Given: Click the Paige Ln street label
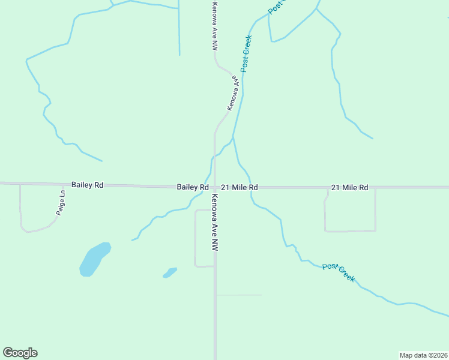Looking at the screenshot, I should tap(60, 203).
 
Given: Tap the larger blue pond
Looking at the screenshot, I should tap(94, 260).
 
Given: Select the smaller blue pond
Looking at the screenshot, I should tap(170, 273).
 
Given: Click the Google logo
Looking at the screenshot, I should tap(20, 352).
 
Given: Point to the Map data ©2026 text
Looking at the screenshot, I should tap(423, 355).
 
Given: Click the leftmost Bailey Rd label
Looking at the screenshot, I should tap(87, 185).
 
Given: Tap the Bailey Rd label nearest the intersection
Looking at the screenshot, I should tap(193, 187).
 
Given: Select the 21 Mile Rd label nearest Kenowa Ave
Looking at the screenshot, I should tap(239, 187).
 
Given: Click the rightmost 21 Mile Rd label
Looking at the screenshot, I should tap(349, 188).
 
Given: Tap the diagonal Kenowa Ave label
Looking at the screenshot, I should tap(234, 93).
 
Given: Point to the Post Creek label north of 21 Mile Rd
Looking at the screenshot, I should tap(246, 54).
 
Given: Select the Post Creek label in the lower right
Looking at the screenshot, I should tap(339, 273).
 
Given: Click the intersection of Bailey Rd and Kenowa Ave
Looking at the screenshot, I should tap(214, 187).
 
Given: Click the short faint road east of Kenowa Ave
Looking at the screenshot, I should tap(239, 295).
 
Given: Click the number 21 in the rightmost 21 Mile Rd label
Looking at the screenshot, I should tap(334, 188).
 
